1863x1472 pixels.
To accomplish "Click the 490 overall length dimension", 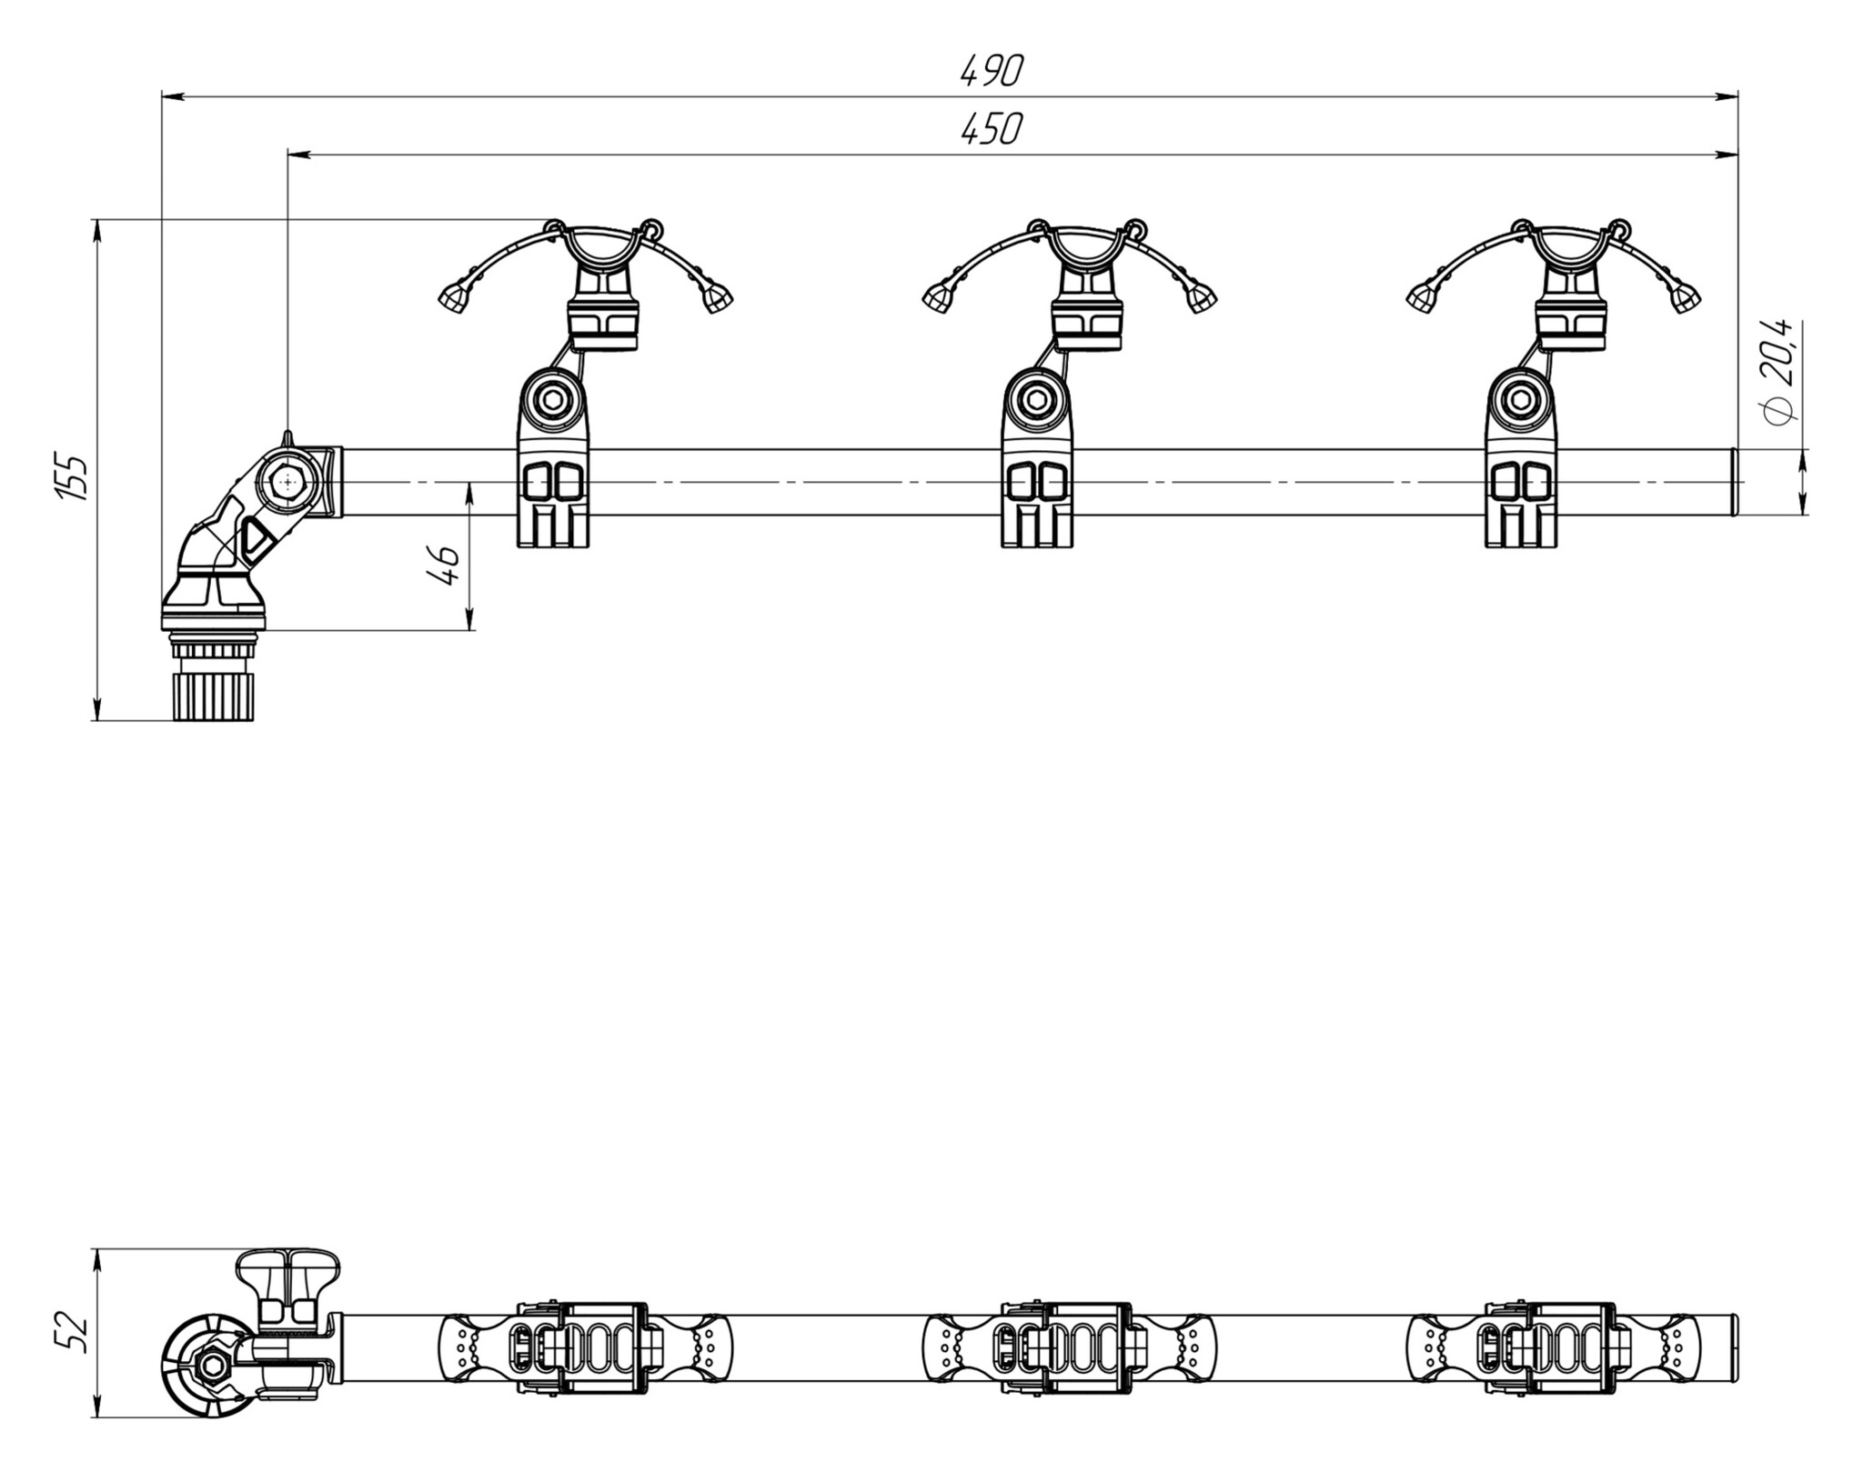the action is [992, 71].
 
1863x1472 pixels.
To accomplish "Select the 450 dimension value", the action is [992, 130].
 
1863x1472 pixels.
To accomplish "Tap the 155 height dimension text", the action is [72, 476].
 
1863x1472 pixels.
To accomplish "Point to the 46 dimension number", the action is [442, 566].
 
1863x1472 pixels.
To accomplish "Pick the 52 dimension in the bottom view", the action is [72, 1333].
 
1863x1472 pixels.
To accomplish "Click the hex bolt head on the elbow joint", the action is [288, 482].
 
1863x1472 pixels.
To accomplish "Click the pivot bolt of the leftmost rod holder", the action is [552, 398].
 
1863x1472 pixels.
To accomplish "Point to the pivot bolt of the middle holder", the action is [1036, 398].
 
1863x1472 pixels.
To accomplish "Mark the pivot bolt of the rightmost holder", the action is [1520, 398].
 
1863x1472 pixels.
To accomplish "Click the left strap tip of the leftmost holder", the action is [452, 296].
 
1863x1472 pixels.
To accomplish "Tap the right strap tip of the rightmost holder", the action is [1686, 296].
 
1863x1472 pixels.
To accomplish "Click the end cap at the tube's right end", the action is [1734, 482].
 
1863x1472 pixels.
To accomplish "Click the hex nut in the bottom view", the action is [214, 1365].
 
